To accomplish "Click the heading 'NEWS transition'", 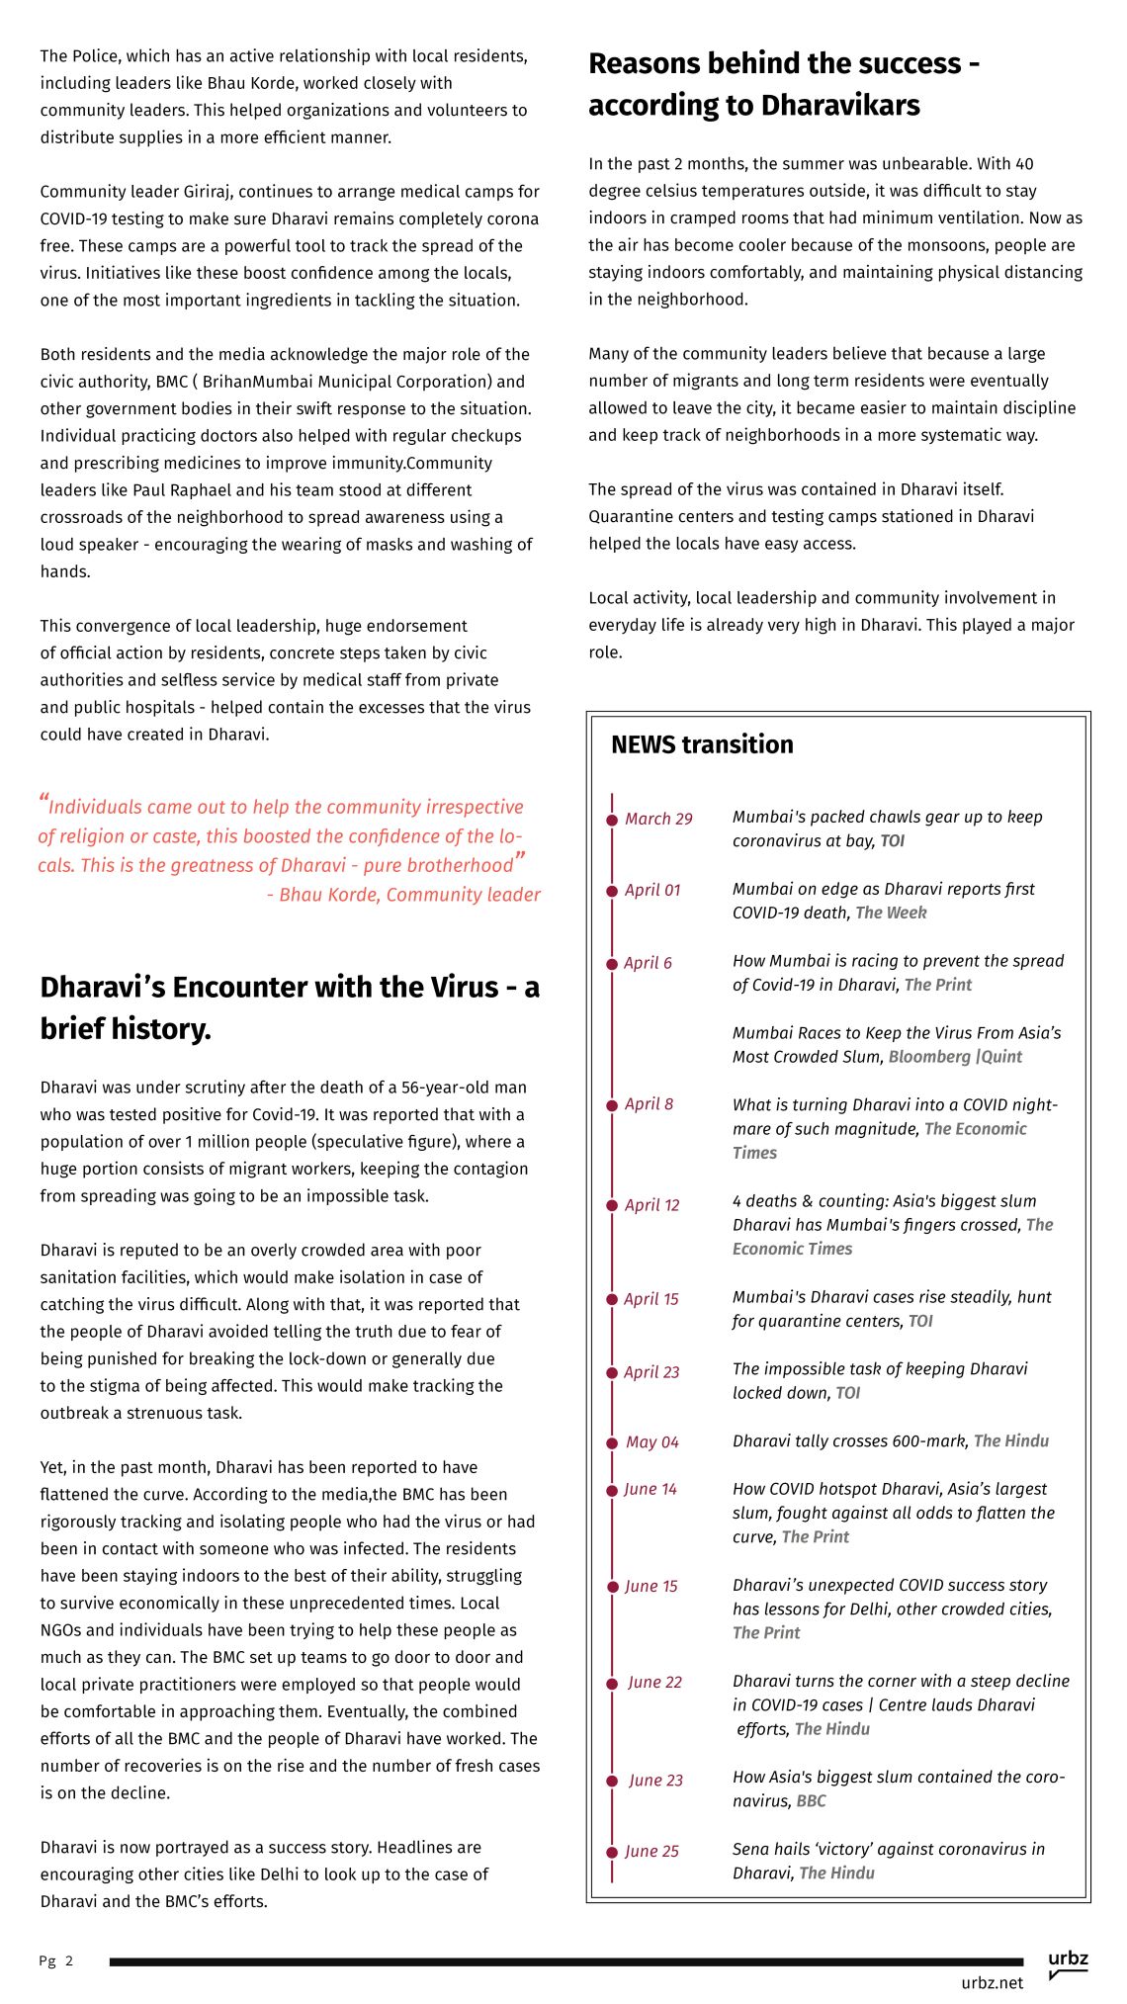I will tap(702, 744).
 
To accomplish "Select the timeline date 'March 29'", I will tap(658, 819).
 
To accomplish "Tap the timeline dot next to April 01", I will tap(612, 891).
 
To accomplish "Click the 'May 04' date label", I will tap(652, 1442).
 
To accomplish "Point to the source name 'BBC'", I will tap(811, 1801).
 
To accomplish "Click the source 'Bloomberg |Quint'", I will tap(955, 1057).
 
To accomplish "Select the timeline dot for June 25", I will tap(612, 1853).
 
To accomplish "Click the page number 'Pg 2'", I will tap(56, 1961).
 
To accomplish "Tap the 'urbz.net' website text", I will tap(992, 1983).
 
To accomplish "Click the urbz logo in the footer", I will tap(1068, 1963).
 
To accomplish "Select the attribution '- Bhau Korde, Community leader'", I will tap(403, 895).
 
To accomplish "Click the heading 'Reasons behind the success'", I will tap(784, 63).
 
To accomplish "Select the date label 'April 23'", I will tap(651, 1372).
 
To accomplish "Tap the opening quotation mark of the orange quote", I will tap(43, 799).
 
